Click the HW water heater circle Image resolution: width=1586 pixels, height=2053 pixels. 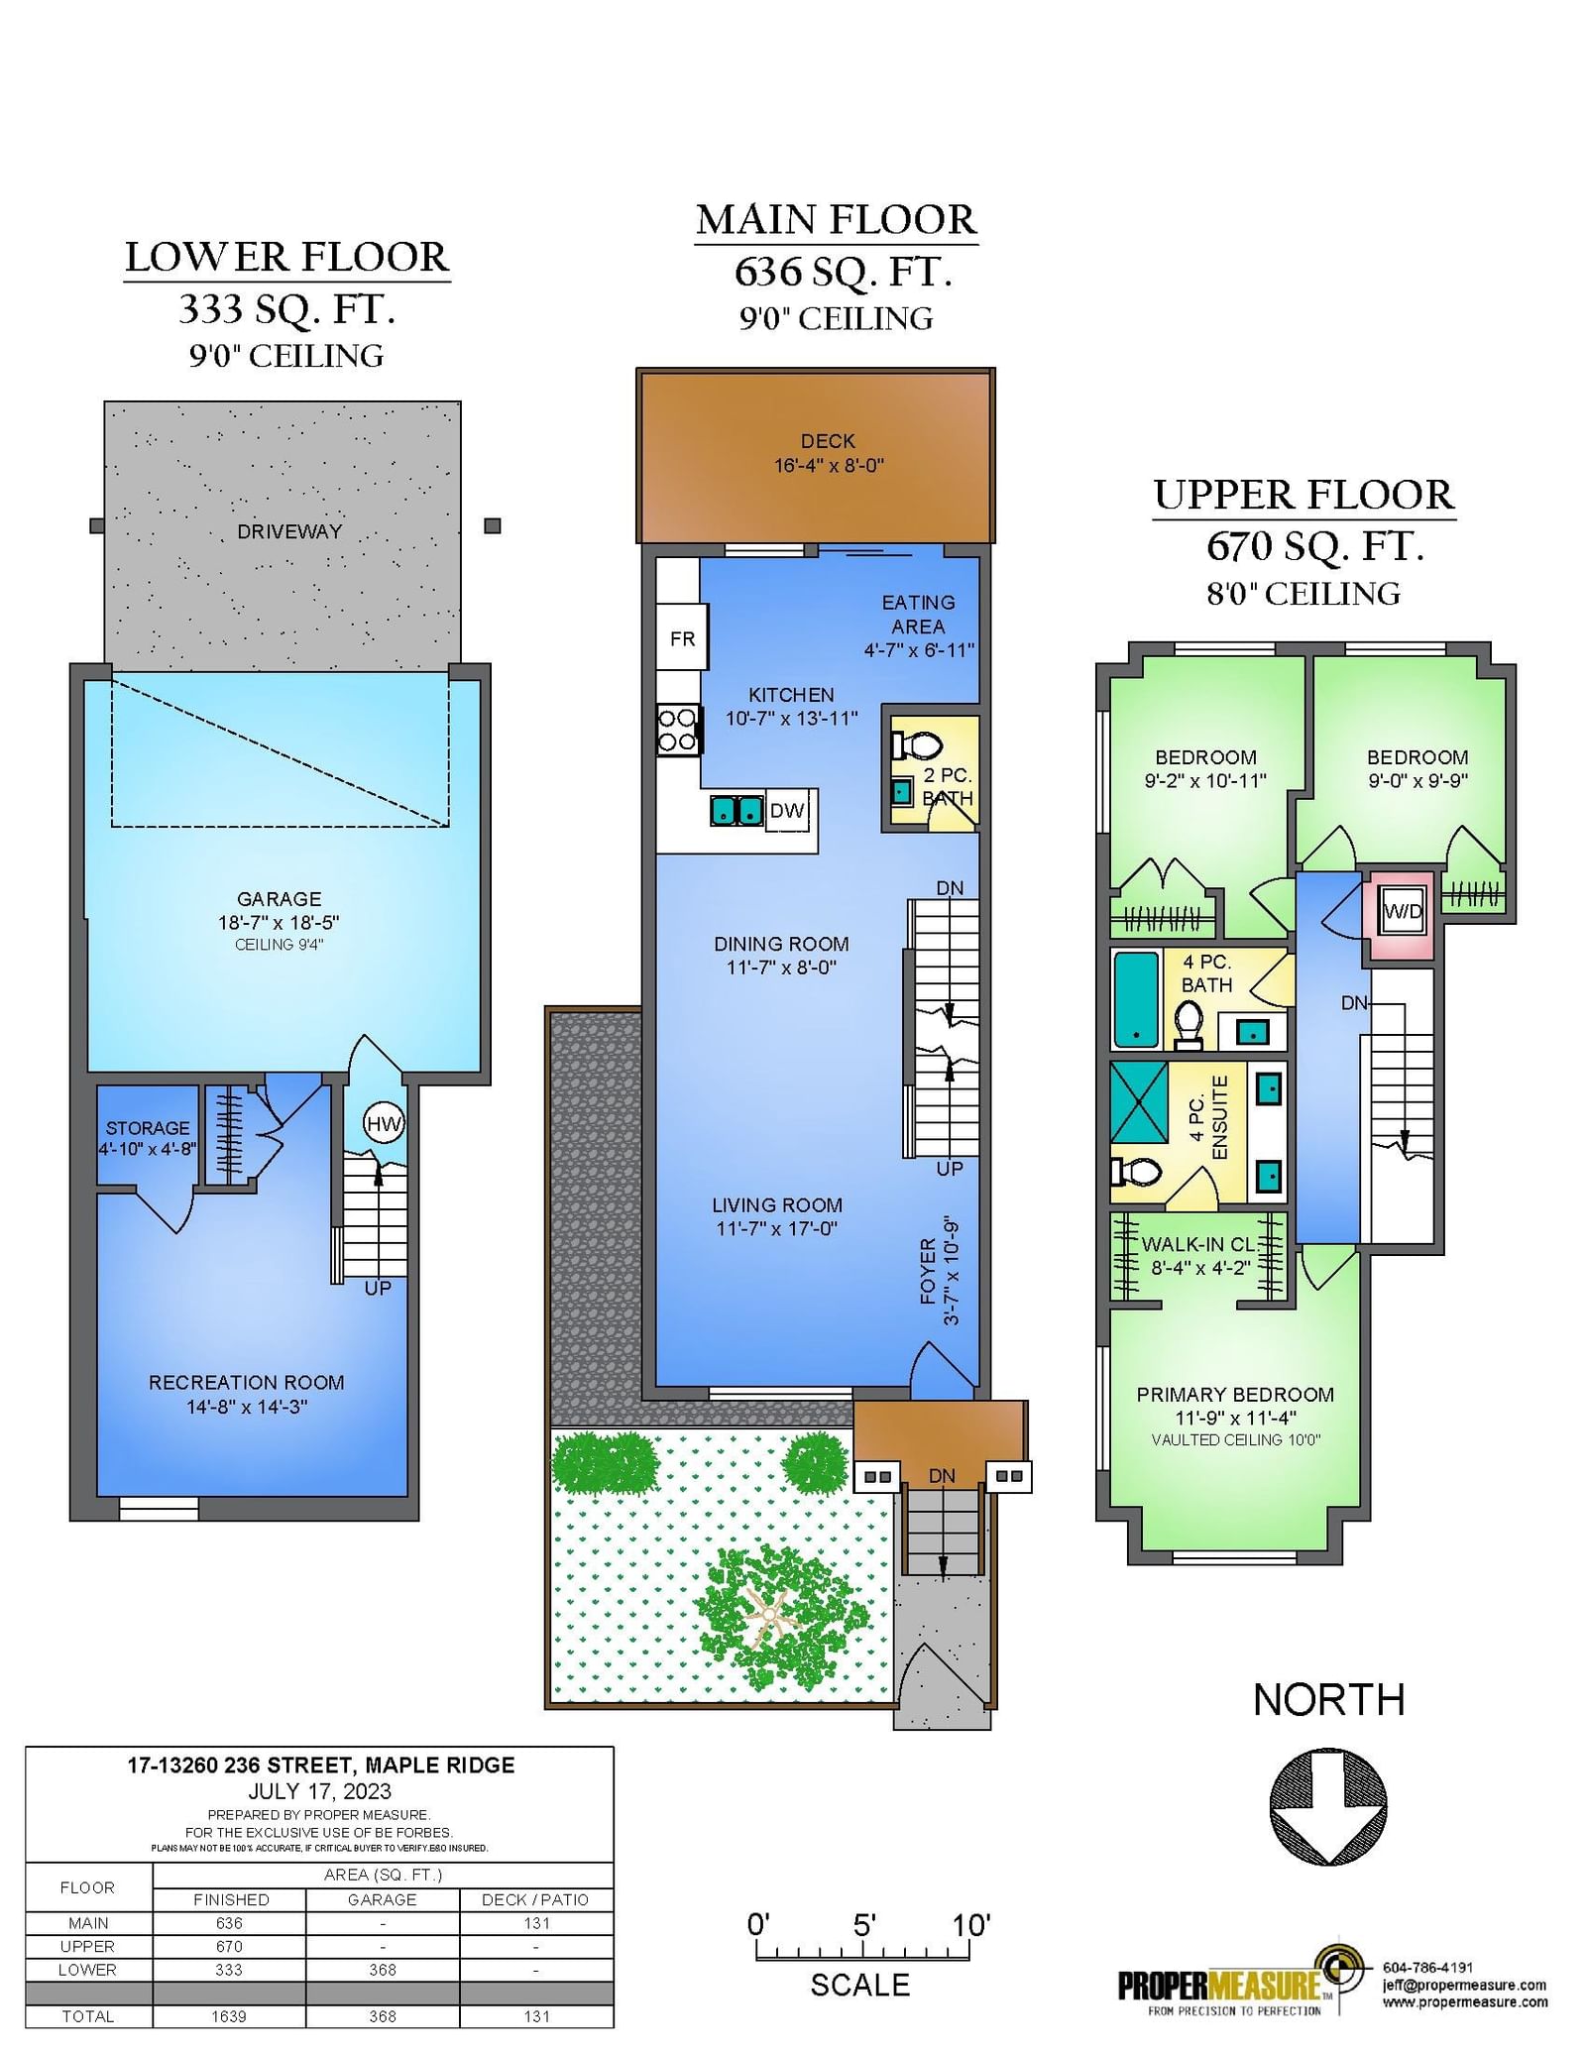click(x=383, y=1123)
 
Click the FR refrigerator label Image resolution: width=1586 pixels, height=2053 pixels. click(x=682, y=639)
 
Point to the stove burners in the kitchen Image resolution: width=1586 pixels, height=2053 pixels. click(x=678, y=730)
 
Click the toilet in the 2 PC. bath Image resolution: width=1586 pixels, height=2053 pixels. click(x=918, y=744)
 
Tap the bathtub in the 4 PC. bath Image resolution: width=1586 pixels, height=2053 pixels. click(x=1136, y=999)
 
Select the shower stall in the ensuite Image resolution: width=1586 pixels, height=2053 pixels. click(x=1139, y=1103)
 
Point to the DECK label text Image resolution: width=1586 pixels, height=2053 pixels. click(x=828, y=441)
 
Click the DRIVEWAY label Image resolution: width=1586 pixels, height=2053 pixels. click(x=289, y=531)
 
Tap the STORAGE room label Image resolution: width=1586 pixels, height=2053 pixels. click(x=148, y=1128)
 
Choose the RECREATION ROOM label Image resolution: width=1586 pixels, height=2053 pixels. click(x=247, y=1382)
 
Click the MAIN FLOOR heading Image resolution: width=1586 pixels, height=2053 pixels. click(x=837, y=220)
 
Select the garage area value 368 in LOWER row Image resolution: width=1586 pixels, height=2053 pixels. click(x=383, y=1970)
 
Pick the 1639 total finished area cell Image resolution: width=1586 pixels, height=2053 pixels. click(x=229, y=2016)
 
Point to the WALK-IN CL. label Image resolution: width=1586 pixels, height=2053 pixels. click(x=1198, y=1244)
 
